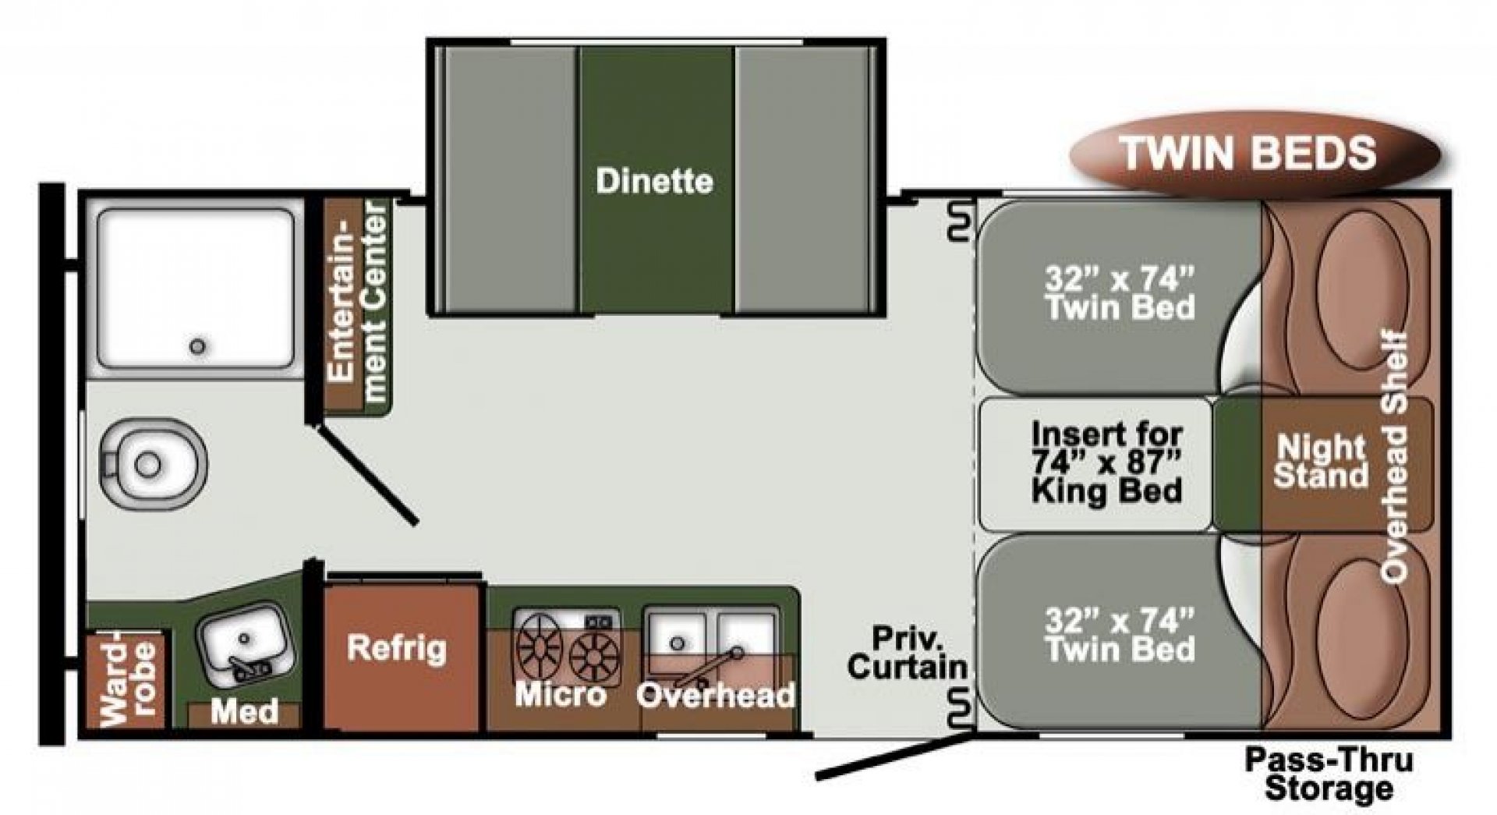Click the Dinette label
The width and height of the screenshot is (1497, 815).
pyautogui.click(x=654, y=182)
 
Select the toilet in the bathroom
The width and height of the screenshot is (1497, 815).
pyautogui.click(x=154, y=464)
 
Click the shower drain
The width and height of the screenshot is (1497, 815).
pyautogui.click(x=198, y=345)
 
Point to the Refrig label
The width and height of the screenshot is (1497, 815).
pyautogui.click(x=397, y=647)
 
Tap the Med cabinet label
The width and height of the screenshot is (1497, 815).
pyautogui.click(x=245, y=710)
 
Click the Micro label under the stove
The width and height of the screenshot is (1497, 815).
pyautogui.click(x=560, y=694)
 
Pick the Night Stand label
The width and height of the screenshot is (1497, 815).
pyautogui.click(x=1321, y=461)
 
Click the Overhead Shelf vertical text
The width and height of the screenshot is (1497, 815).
pyautogui.click(x=1395, y=457)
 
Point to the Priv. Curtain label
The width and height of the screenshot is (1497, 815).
pyautogui.click(x=908, y=653)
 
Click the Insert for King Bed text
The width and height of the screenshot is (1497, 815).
pyautogui.click(x=1106, y=462)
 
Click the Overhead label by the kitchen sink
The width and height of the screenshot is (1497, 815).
pyautogui.click(x=716, y=694)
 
